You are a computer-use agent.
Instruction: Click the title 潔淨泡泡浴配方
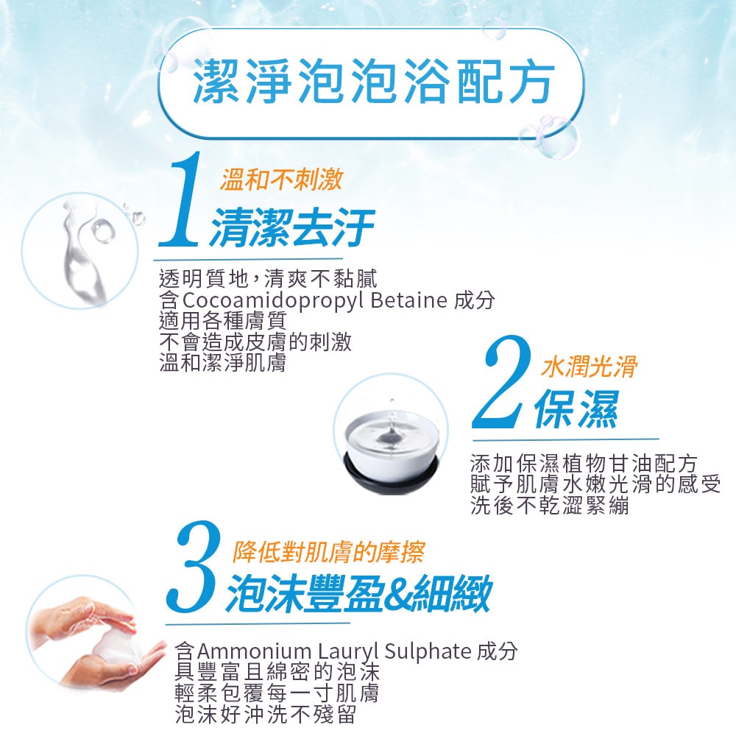click(x=372, y=83)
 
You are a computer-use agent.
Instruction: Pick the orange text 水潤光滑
click(x=589, y=366)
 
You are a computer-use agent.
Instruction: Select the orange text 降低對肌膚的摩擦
click(x=328, y=551)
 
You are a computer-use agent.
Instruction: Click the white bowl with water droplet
click(x=390, y=442)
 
